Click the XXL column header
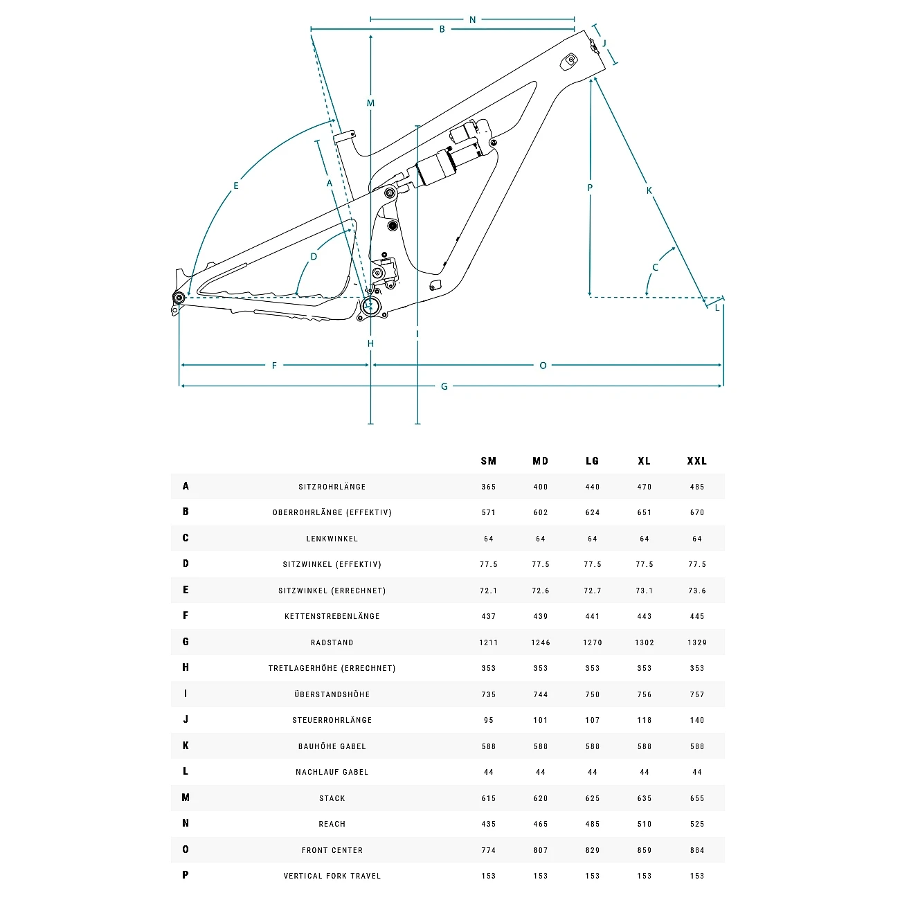click(696, 461)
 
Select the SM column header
click(489, 461)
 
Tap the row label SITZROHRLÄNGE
click(332, 487)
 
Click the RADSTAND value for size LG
click(593, 642)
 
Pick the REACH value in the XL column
click(645, 824)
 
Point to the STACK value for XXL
click(697, 798)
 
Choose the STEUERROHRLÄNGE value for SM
click(489, 720)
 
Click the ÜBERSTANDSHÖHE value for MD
click(541, 694)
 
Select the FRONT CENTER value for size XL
click(645, 850)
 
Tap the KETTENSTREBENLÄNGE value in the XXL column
click(697, 616)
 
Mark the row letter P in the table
click(186, 875)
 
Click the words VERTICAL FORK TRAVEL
click(332, 876)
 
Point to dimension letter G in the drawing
click(444, 386)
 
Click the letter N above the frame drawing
click(473, 20)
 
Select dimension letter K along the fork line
click(649, 190)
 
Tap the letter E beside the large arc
click(236, 186)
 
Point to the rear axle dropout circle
click(179, 298)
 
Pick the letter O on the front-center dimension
click(543, 366)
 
